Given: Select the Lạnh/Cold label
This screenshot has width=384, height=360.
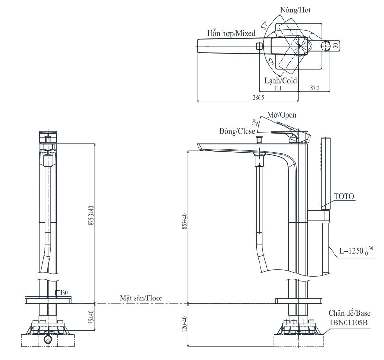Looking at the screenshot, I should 281,81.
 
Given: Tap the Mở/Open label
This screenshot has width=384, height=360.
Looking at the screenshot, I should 283,115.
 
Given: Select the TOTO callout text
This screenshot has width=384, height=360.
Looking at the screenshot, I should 344,197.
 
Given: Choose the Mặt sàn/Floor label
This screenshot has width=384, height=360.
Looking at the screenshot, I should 141,298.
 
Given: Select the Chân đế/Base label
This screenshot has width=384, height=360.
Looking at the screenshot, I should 348,313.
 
